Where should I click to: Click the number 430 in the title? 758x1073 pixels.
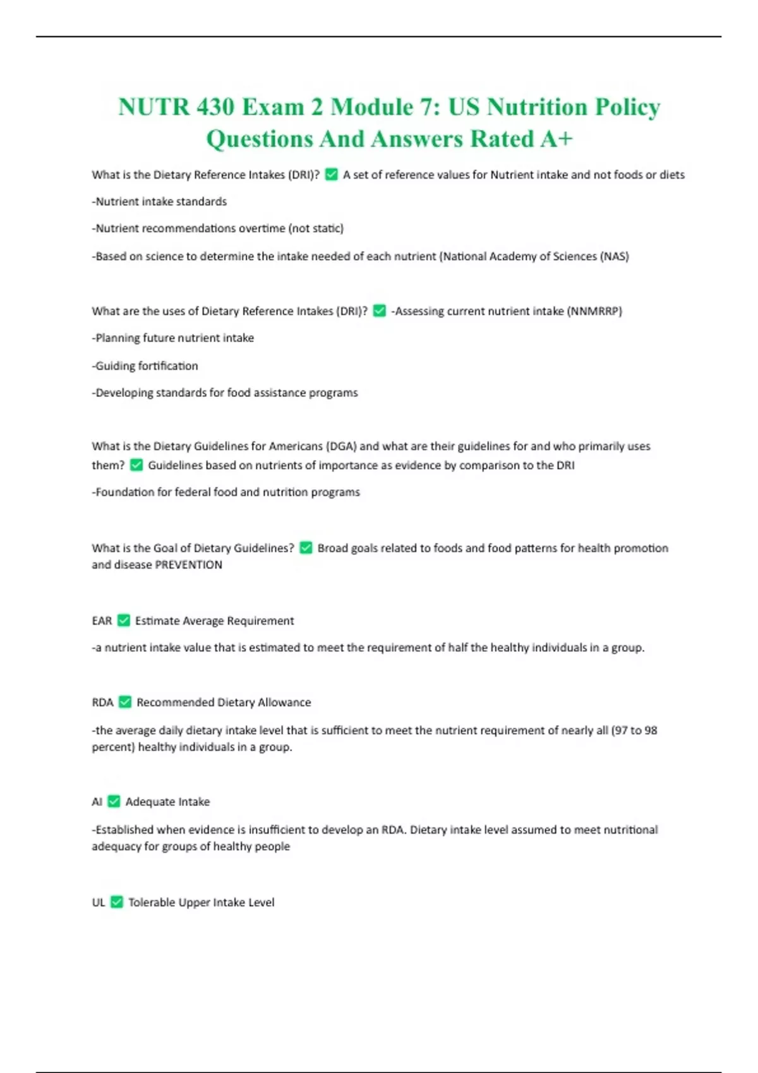tap(215, 107)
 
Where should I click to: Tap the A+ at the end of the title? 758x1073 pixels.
tap(556, 139)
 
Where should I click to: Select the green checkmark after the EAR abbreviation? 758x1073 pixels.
tap(124, 620)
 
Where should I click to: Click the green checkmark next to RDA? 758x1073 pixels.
tap(125, 702)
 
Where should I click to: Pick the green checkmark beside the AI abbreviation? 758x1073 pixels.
tap(114, 801)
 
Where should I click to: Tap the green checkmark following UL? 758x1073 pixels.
tap(117, 902)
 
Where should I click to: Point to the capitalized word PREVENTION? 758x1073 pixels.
tap(188, 565)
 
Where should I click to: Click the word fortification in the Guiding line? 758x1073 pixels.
tap(168, 366)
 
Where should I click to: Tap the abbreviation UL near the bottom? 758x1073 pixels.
tap(99, 903)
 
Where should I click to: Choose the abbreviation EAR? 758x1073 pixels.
tap(102, 621)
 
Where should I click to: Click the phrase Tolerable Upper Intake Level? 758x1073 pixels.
tap(202, 903)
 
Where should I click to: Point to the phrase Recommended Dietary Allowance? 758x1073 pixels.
tap(224, 702)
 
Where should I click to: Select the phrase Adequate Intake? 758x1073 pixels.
tap(167, 802)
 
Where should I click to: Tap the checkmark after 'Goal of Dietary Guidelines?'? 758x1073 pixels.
tap(306, 548)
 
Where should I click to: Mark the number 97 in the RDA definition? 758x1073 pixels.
tap(622, 730)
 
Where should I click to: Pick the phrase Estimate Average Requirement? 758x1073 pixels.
tap(214, 621)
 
